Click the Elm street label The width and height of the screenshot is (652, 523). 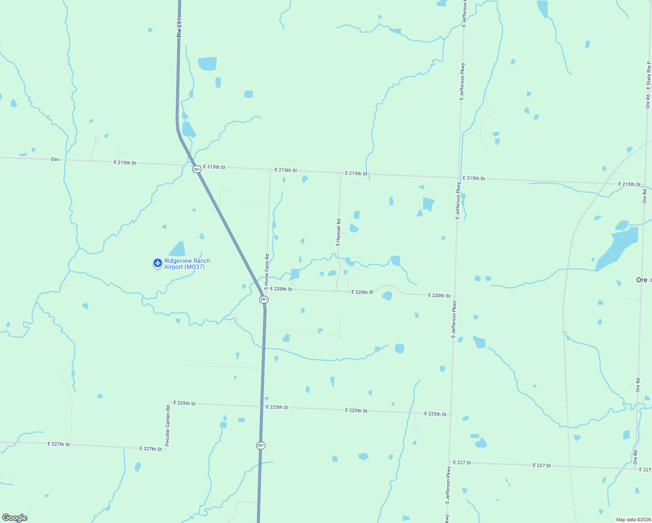(x=55, y=160)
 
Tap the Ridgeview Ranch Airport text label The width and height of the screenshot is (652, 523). (x=187, y=264)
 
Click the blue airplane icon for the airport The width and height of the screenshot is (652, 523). (x=158, y=263)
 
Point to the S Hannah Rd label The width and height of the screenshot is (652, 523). (x=338, y=233)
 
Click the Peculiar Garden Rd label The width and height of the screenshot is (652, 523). (x=168, y=426)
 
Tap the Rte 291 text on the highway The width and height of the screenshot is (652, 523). (x=179, y=27)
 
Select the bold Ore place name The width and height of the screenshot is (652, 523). (x=642, y=280)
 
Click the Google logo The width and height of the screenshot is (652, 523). (x=15, y=518)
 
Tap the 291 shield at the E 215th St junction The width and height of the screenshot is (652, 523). (x=197, y=169)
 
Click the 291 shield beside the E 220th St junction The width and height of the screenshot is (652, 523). (x=264, y=299)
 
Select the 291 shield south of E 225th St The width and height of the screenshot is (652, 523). (x=261, y=445)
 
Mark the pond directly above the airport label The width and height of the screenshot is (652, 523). (x=178, y=249)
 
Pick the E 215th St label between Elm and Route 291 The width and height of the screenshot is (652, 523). (x=125, y=163)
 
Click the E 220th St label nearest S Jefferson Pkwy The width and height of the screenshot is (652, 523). (x=439, y=295)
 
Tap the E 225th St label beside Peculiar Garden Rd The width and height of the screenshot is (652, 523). (x=184, y=403)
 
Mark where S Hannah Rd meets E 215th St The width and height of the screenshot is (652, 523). (x=340, y=173)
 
